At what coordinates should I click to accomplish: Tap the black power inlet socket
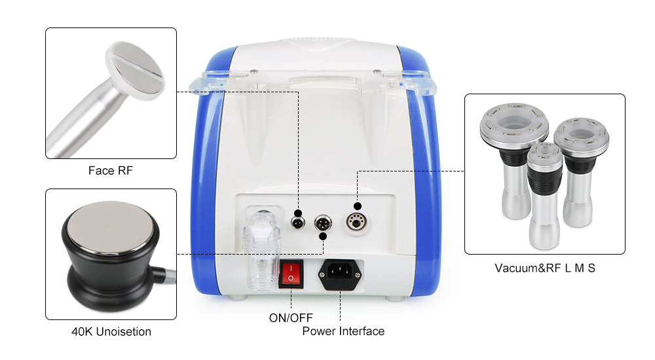click(x=340, y=274)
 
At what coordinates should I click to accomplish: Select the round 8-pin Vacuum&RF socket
click(x=356, y=223)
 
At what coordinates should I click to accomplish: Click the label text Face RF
click(x=110, y=170)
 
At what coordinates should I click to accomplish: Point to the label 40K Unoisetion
click(x=111, y=332)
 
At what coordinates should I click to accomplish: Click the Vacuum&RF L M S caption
click(x=545, y=268)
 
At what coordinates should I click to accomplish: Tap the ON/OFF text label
click(x=291, y=318)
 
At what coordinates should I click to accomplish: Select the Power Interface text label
click(x=343, y=331)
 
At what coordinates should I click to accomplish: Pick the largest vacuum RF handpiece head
click(x=514, y=124)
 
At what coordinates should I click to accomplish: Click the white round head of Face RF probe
click(x=135, y=70)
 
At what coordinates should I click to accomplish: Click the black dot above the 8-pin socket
click(x=358, y=206)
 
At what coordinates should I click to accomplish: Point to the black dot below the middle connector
click(x=322, y=236)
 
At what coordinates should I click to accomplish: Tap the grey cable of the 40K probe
click(x=168, y=275)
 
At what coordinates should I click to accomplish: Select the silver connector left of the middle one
click(x=298, y=223)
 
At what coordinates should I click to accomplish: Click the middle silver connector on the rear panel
click(x=323, y=223)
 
